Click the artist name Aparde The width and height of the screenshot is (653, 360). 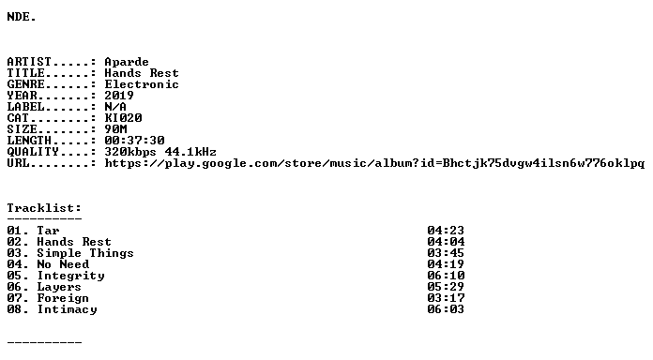pyautogui.click(x=127, y=62)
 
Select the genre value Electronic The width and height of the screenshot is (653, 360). pyautogui.click(x=142, y=84)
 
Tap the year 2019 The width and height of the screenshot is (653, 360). pyautogui.click(x=119, y=96)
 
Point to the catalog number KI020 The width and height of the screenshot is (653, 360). pyautogui.click(x=123, y=118)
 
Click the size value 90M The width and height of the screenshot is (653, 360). pyautogui.click(x=115, y=129)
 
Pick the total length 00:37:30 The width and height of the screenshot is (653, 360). pyautogui.click(x=134, y=141)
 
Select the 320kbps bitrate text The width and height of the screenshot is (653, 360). pyautogui.click(x=130, y=152)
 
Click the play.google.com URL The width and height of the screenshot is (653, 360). pyautogui.click(x=374, y=163)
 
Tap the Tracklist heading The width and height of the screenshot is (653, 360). pyautogui.click(x=44, y=208)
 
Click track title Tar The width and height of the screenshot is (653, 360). pyautogui.click(x=48, y=231)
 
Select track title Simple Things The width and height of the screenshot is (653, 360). pyautogui.click(x=85, y=253)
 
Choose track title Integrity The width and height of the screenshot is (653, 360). pyautogui.click(x=70, y=276)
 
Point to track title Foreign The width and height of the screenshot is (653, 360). pyautogui.click(x=63, y=298)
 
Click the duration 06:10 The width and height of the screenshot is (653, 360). pyautogui.click(x=446, y=276)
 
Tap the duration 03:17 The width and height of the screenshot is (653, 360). pyautogui.click(x=446, y=298)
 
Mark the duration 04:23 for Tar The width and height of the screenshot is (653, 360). pyautogui.click(x=446, y=231)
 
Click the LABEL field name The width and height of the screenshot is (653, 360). pyautogui.click(x=26, y=107)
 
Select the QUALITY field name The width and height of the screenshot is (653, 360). pyautogui.click(x=33, y=152)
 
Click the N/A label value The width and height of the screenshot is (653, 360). pyautogui.click(x=115, y=107)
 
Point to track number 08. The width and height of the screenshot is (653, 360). pyautogui.click(x=15, y=309)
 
